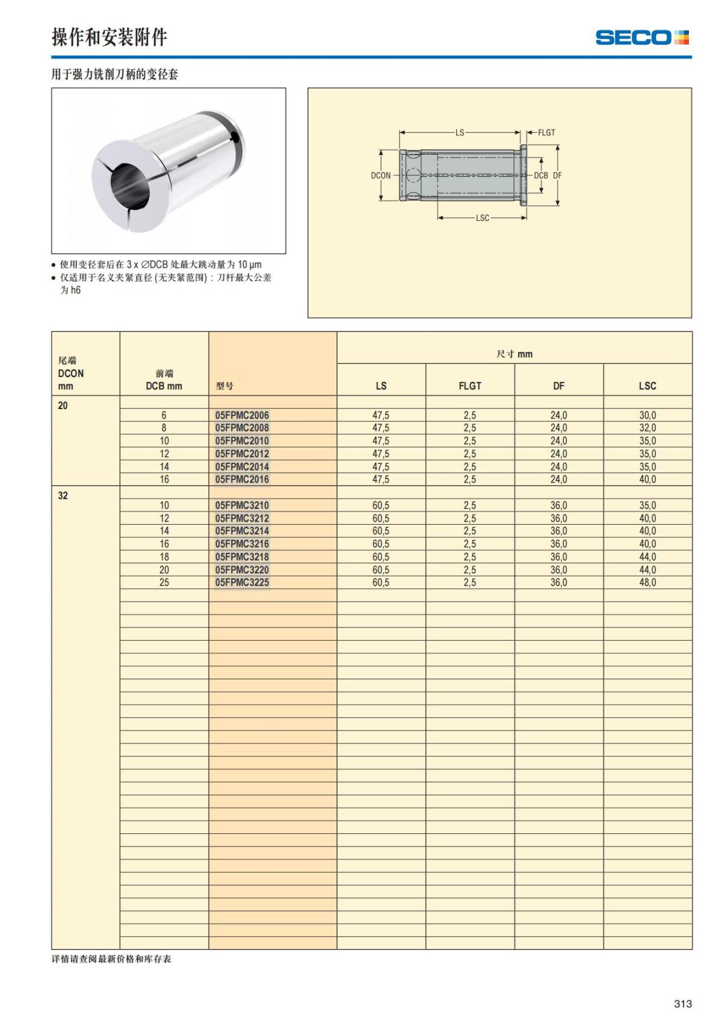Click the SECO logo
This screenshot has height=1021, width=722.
pyautogui.click(x=642, y=37)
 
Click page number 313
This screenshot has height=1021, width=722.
pyautogui.click(x=683, y=1004)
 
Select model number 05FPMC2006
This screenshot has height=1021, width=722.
pyautogui.click(x=242, y=415)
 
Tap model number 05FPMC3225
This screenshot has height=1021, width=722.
pyautogui.click(x=242, y=582)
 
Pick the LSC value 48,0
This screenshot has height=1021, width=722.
pyautogui.click(x=647, y=582)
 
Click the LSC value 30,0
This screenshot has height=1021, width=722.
pyautogui.click(x=647, y=415)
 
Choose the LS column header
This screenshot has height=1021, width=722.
pyautogui.click(x=381, y=386)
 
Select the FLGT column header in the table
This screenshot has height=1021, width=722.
pyautogui.click(x=470, y=386)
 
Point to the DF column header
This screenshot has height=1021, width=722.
pyautogui.click(x=558, y=386)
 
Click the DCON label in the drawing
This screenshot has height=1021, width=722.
pyautogui.click(x=380, y=176)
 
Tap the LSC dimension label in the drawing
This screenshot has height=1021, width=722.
pyautogui.click(x=483, y=218)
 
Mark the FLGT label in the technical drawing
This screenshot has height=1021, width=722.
pyautogui.click(x=546, y=132)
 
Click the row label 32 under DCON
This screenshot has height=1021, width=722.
pyautogui.click(x=63, y=496)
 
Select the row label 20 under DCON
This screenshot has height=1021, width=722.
pyautogui.click(x=63, y=406)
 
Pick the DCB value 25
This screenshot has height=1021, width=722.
pyautogui.click(x=164, y=582)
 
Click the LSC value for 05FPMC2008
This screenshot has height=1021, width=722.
pyautogui.click(x=647, y=428)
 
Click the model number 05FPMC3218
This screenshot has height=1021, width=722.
pyautogui.click(x=242, y=557)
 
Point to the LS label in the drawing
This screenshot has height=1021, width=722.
pyautogui.click(x=460, y=132)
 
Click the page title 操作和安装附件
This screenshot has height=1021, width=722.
pyautogui.click(x=109, y=37)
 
